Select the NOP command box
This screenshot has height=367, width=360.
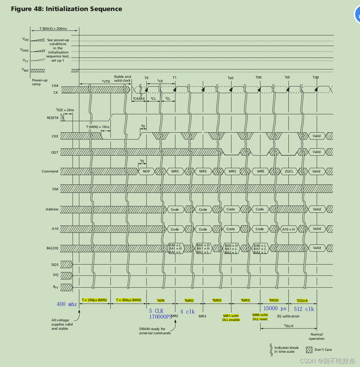pos(146,171)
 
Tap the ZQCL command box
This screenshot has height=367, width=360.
pos(289,171)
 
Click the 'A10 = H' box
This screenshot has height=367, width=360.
pos(288,229)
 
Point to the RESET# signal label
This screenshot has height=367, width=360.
pos(52,118)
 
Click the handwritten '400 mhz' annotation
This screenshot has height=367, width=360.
pos(67,304)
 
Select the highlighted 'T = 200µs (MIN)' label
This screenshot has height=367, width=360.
pos(94,300)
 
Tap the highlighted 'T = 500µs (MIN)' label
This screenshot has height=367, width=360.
pos(129,300)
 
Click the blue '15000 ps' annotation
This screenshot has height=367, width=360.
pos(275,309)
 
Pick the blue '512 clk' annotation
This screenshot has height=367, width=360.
pos(304,309)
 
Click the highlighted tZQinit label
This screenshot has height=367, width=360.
pos(302,301)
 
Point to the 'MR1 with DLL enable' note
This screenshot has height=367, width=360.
pos(231,318)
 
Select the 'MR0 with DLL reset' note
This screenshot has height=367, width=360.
pos(260,317)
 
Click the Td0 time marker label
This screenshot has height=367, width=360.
pos(316,77)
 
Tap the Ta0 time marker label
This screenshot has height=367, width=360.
pos(230,78)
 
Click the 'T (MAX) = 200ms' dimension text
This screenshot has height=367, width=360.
pos(53,29)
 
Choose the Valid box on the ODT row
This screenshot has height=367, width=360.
pos(317,152)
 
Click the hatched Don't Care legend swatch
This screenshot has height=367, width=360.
pos(309,350)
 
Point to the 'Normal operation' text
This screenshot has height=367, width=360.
pos(317,337)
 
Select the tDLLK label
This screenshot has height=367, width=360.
pos(289,326)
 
